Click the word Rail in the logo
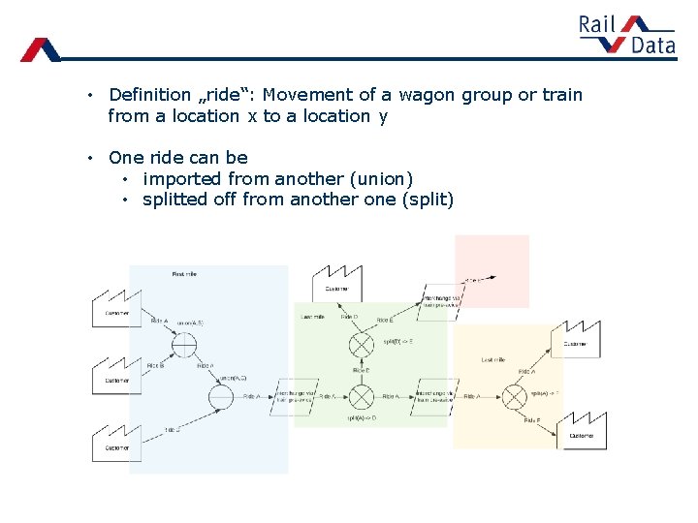pyautogui.click(x=597, y=24)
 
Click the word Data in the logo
pyautogui.click(x=652, y=45)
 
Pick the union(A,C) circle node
pyautogui.click(x=221, y=396)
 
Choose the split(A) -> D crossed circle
pyautogui.click(x=362, y=396)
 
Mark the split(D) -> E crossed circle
pyautogui.click(x=362, y=344)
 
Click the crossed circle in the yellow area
pyautogui.click(x=513, y=396)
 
